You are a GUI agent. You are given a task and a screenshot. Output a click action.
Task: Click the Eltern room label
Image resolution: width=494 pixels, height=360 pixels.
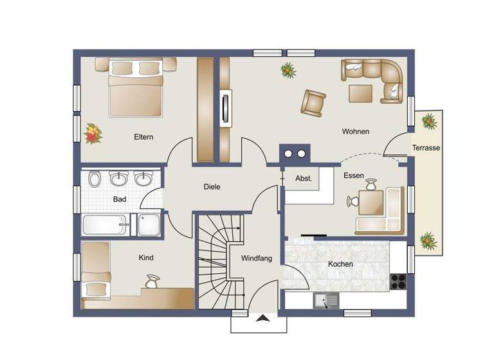coord(143,136)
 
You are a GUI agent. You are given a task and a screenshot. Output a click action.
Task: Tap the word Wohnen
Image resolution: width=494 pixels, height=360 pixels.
coord(355,132)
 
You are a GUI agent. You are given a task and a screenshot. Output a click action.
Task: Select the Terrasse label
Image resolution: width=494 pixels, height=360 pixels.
coord(426,148)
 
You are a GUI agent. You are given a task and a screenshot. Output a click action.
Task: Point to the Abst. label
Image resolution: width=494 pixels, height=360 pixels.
coord(303,179)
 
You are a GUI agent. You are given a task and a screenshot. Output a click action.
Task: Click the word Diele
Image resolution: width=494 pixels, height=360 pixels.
coord(212,187)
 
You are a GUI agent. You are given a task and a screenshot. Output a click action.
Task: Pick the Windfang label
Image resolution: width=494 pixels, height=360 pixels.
coord(257,258)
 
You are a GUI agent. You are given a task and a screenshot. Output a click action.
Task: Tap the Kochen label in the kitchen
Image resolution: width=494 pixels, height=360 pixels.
coord(340,264)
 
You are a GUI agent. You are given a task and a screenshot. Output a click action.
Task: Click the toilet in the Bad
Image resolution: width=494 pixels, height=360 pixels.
coord(95,178)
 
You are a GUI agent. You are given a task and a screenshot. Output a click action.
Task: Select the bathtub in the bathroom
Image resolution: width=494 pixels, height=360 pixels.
coord(105,225)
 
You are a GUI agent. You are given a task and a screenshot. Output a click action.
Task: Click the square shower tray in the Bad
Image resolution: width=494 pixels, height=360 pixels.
coord(149,225)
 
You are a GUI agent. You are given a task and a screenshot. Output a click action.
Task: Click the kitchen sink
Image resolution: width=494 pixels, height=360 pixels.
coord(325,300)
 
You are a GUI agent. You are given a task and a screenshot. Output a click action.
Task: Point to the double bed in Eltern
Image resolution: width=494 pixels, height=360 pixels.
coord(136,91)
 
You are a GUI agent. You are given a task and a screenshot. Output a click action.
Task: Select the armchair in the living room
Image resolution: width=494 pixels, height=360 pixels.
coord(313,101)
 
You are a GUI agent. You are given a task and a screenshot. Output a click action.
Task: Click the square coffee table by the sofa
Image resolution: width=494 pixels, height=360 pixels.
coord(360,93)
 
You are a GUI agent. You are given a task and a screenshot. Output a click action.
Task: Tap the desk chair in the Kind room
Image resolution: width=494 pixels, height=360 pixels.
coord(152,280)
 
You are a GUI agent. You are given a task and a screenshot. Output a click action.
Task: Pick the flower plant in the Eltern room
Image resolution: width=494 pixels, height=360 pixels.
coord(93,134)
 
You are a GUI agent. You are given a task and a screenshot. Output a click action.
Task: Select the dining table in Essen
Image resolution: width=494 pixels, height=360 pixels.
coord(372,203)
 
